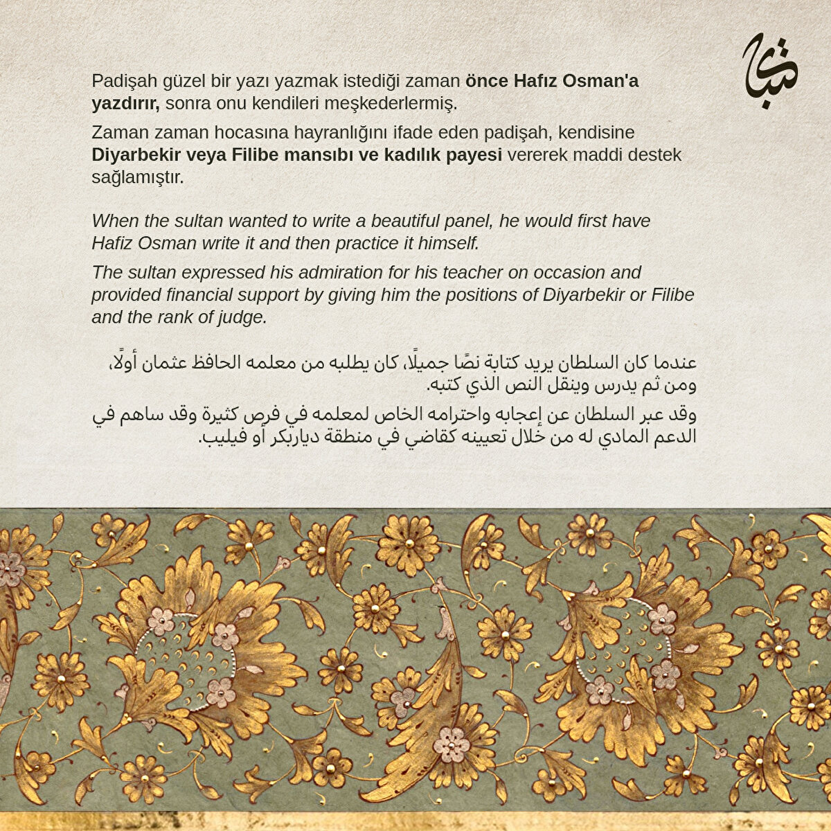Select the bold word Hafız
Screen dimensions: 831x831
536,81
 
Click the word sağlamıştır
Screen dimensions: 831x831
138,177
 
